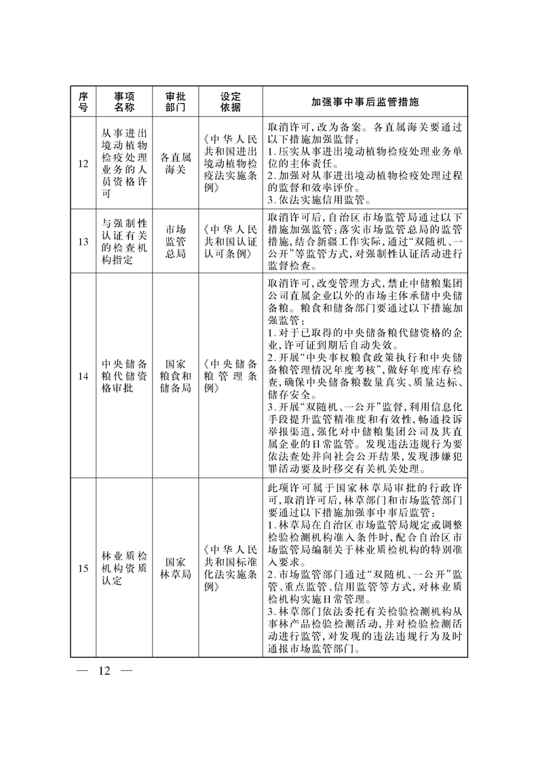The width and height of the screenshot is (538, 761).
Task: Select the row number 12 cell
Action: coord(83,163)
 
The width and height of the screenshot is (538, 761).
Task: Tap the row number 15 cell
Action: coord(83,568)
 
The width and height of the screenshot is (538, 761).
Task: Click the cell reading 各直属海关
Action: coord(176,163)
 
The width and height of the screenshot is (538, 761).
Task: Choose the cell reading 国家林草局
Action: coord(176,568)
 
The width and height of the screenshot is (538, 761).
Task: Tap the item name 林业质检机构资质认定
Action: coord(124,568)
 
